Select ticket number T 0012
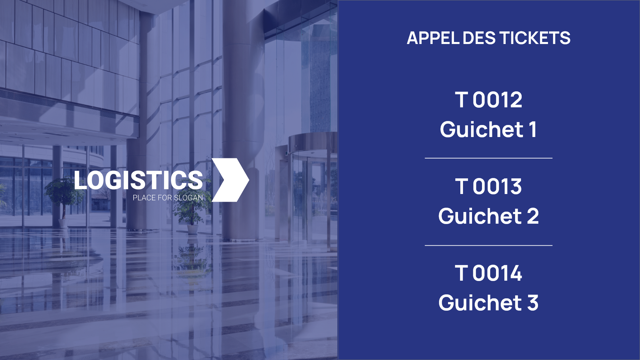click(489, 100)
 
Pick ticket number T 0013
click(489, 186)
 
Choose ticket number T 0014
click(489, 273)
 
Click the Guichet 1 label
click(488, 129)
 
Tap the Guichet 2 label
click(489, 216)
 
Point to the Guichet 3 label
click(488, 303)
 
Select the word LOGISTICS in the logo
click(138, 180)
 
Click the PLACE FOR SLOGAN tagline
click(168, 198)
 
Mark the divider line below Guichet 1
click(489, 158)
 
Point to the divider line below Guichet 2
click(489, 245)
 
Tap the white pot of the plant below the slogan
click(192, 230)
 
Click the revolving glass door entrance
click(312, 190)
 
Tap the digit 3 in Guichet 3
click(533, 303)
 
